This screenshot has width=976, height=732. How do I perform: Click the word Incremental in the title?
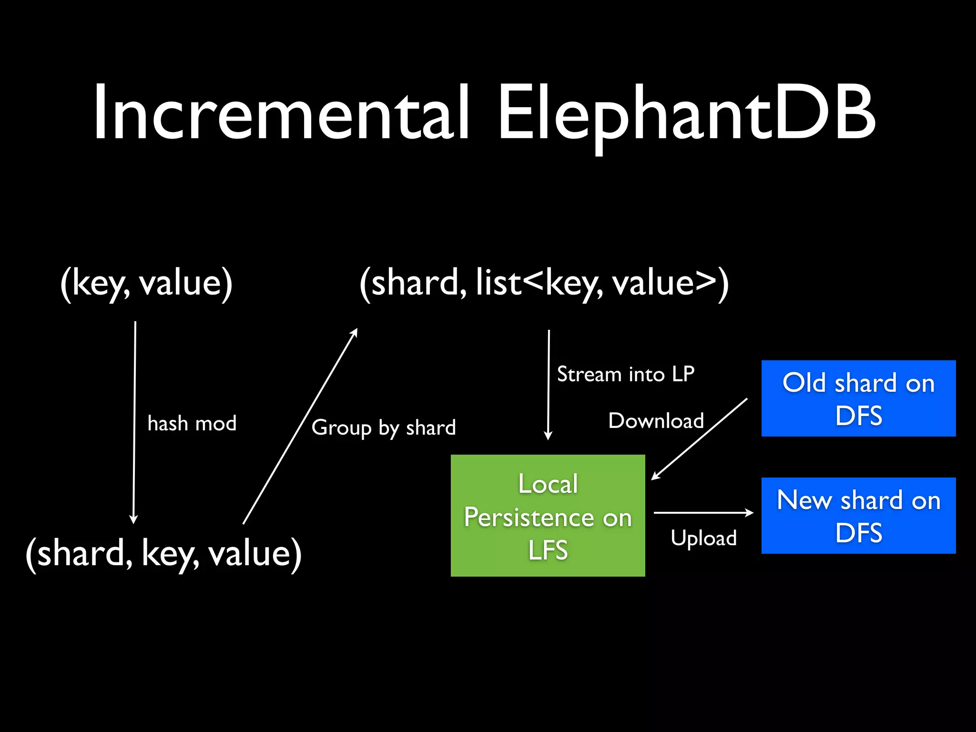[281, 113]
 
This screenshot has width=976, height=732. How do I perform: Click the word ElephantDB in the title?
[686, 113]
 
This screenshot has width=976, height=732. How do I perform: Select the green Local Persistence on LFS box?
[548, 516]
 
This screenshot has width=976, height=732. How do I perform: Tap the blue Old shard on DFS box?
[858, 398]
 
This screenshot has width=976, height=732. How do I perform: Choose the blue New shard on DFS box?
[858, 516]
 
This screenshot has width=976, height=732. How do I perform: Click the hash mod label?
[192, 423]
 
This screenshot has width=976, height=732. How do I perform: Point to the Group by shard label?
[384, 427]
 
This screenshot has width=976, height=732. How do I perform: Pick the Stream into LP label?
[626, 374]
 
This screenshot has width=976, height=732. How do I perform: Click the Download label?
[656, 421]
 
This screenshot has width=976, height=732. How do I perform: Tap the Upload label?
[704, 538]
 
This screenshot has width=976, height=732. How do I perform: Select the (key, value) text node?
[146, 283]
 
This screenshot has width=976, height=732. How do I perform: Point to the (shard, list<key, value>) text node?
[544, 283]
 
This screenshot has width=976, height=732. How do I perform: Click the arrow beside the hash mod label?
[134, 422]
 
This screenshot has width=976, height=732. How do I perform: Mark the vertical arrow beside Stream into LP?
[549, 384]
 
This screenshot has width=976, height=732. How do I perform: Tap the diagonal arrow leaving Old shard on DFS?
[699, 439]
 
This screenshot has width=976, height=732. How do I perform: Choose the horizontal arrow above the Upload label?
[703, 513]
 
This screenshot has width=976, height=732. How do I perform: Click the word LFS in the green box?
[548, 550]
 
